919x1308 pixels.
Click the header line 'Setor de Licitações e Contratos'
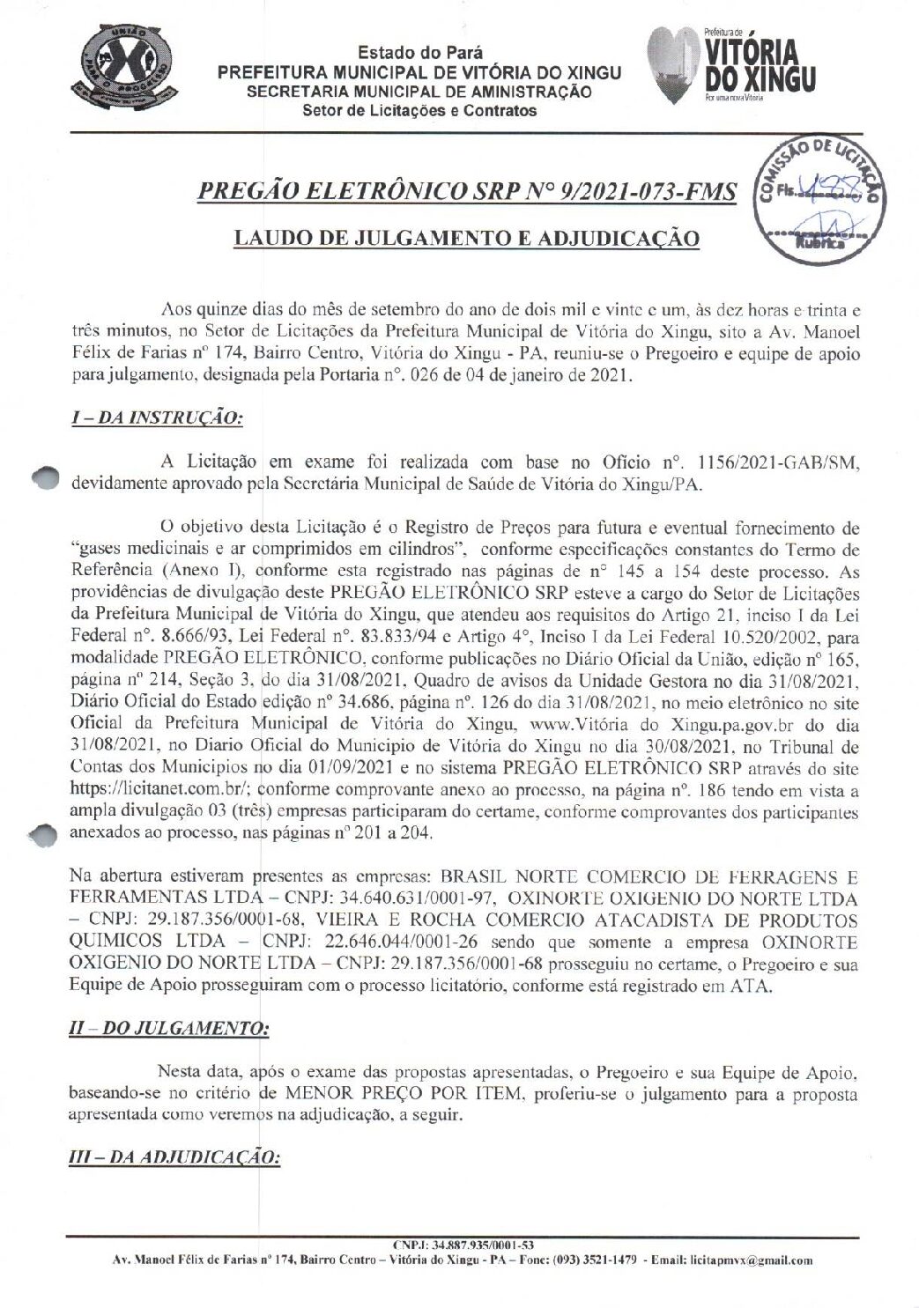(x=419, y=111)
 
